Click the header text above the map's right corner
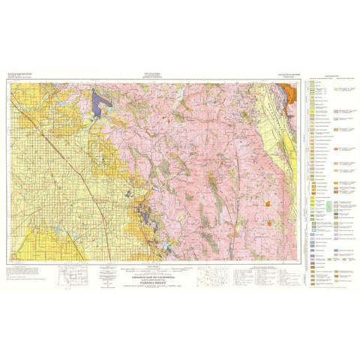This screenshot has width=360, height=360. click(x=281, y=76)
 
